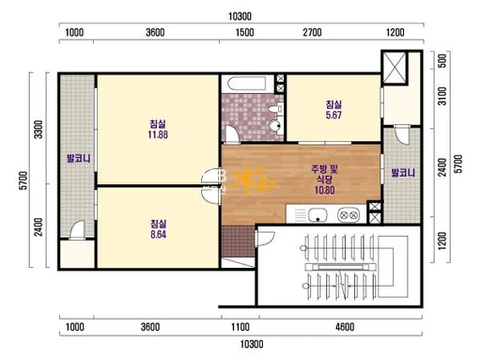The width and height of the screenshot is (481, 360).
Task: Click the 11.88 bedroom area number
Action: click(x=158, y=134)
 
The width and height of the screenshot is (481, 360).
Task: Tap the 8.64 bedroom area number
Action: click(x=158, y=234)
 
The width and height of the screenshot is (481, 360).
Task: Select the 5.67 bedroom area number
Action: click(x=334, y=115)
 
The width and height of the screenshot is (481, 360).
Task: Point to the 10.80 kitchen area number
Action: click(x=325, y=190)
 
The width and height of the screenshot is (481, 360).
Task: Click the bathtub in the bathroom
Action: click(x=247, y=84)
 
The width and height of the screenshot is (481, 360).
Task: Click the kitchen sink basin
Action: click(x=318, y=215)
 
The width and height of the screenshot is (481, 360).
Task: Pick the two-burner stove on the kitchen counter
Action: click(x=349, y=215)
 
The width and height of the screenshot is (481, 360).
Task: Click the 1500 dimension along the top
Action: click(x=244, y=32)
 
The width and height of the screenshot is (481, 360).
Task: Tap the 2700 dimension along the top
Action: click(x=312, y=32)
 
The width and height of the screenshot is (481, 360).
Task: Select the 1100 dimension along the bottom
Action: click(x=240, y=327)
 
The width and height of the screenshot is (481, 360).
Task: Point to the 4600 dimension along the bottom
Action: click(x=345, y=327)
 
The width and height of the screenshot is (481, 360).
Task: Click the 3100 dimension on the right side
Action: click(x=442, y=96)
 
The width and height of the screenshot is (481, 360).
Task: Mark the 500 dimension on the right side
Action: click(x=442, y=61)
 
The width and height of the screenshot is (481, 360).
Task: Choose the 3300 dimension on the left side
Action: click(x=39, y=130)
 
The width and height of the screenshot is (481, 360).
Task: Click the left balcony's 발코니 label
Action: click(x=79, y=158)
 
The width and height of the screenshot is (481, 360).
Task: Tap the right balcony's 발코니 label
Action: click(x=403, y=173)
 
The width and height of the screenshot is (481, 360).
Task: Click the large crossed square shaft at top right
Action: click(x=395, y=68)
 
